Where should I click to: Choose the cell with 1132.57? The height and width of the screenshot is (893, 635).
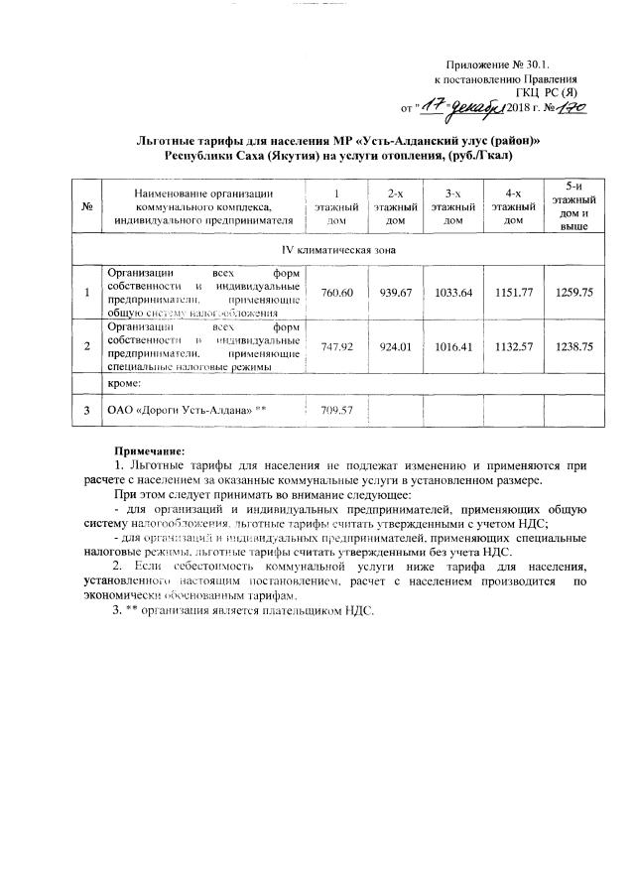(512, 346)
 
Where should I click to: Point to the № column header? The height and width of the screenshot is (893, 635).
(87, 206)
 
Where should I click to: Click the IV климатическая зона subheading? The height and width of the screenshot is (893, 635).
(333, 249)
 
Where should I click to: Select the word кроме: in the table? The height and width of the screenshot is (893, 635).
(126, 382)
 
